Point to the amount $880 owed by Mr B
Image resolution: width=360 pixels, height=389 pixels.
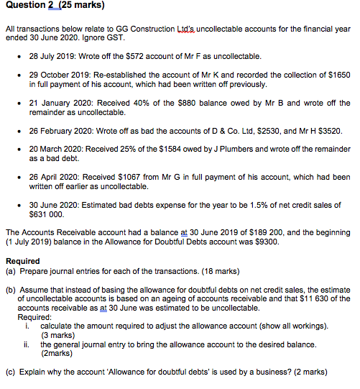pos(188,103)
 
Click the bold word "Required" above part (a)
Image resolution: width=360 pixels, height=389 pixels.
pos(23,261)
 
